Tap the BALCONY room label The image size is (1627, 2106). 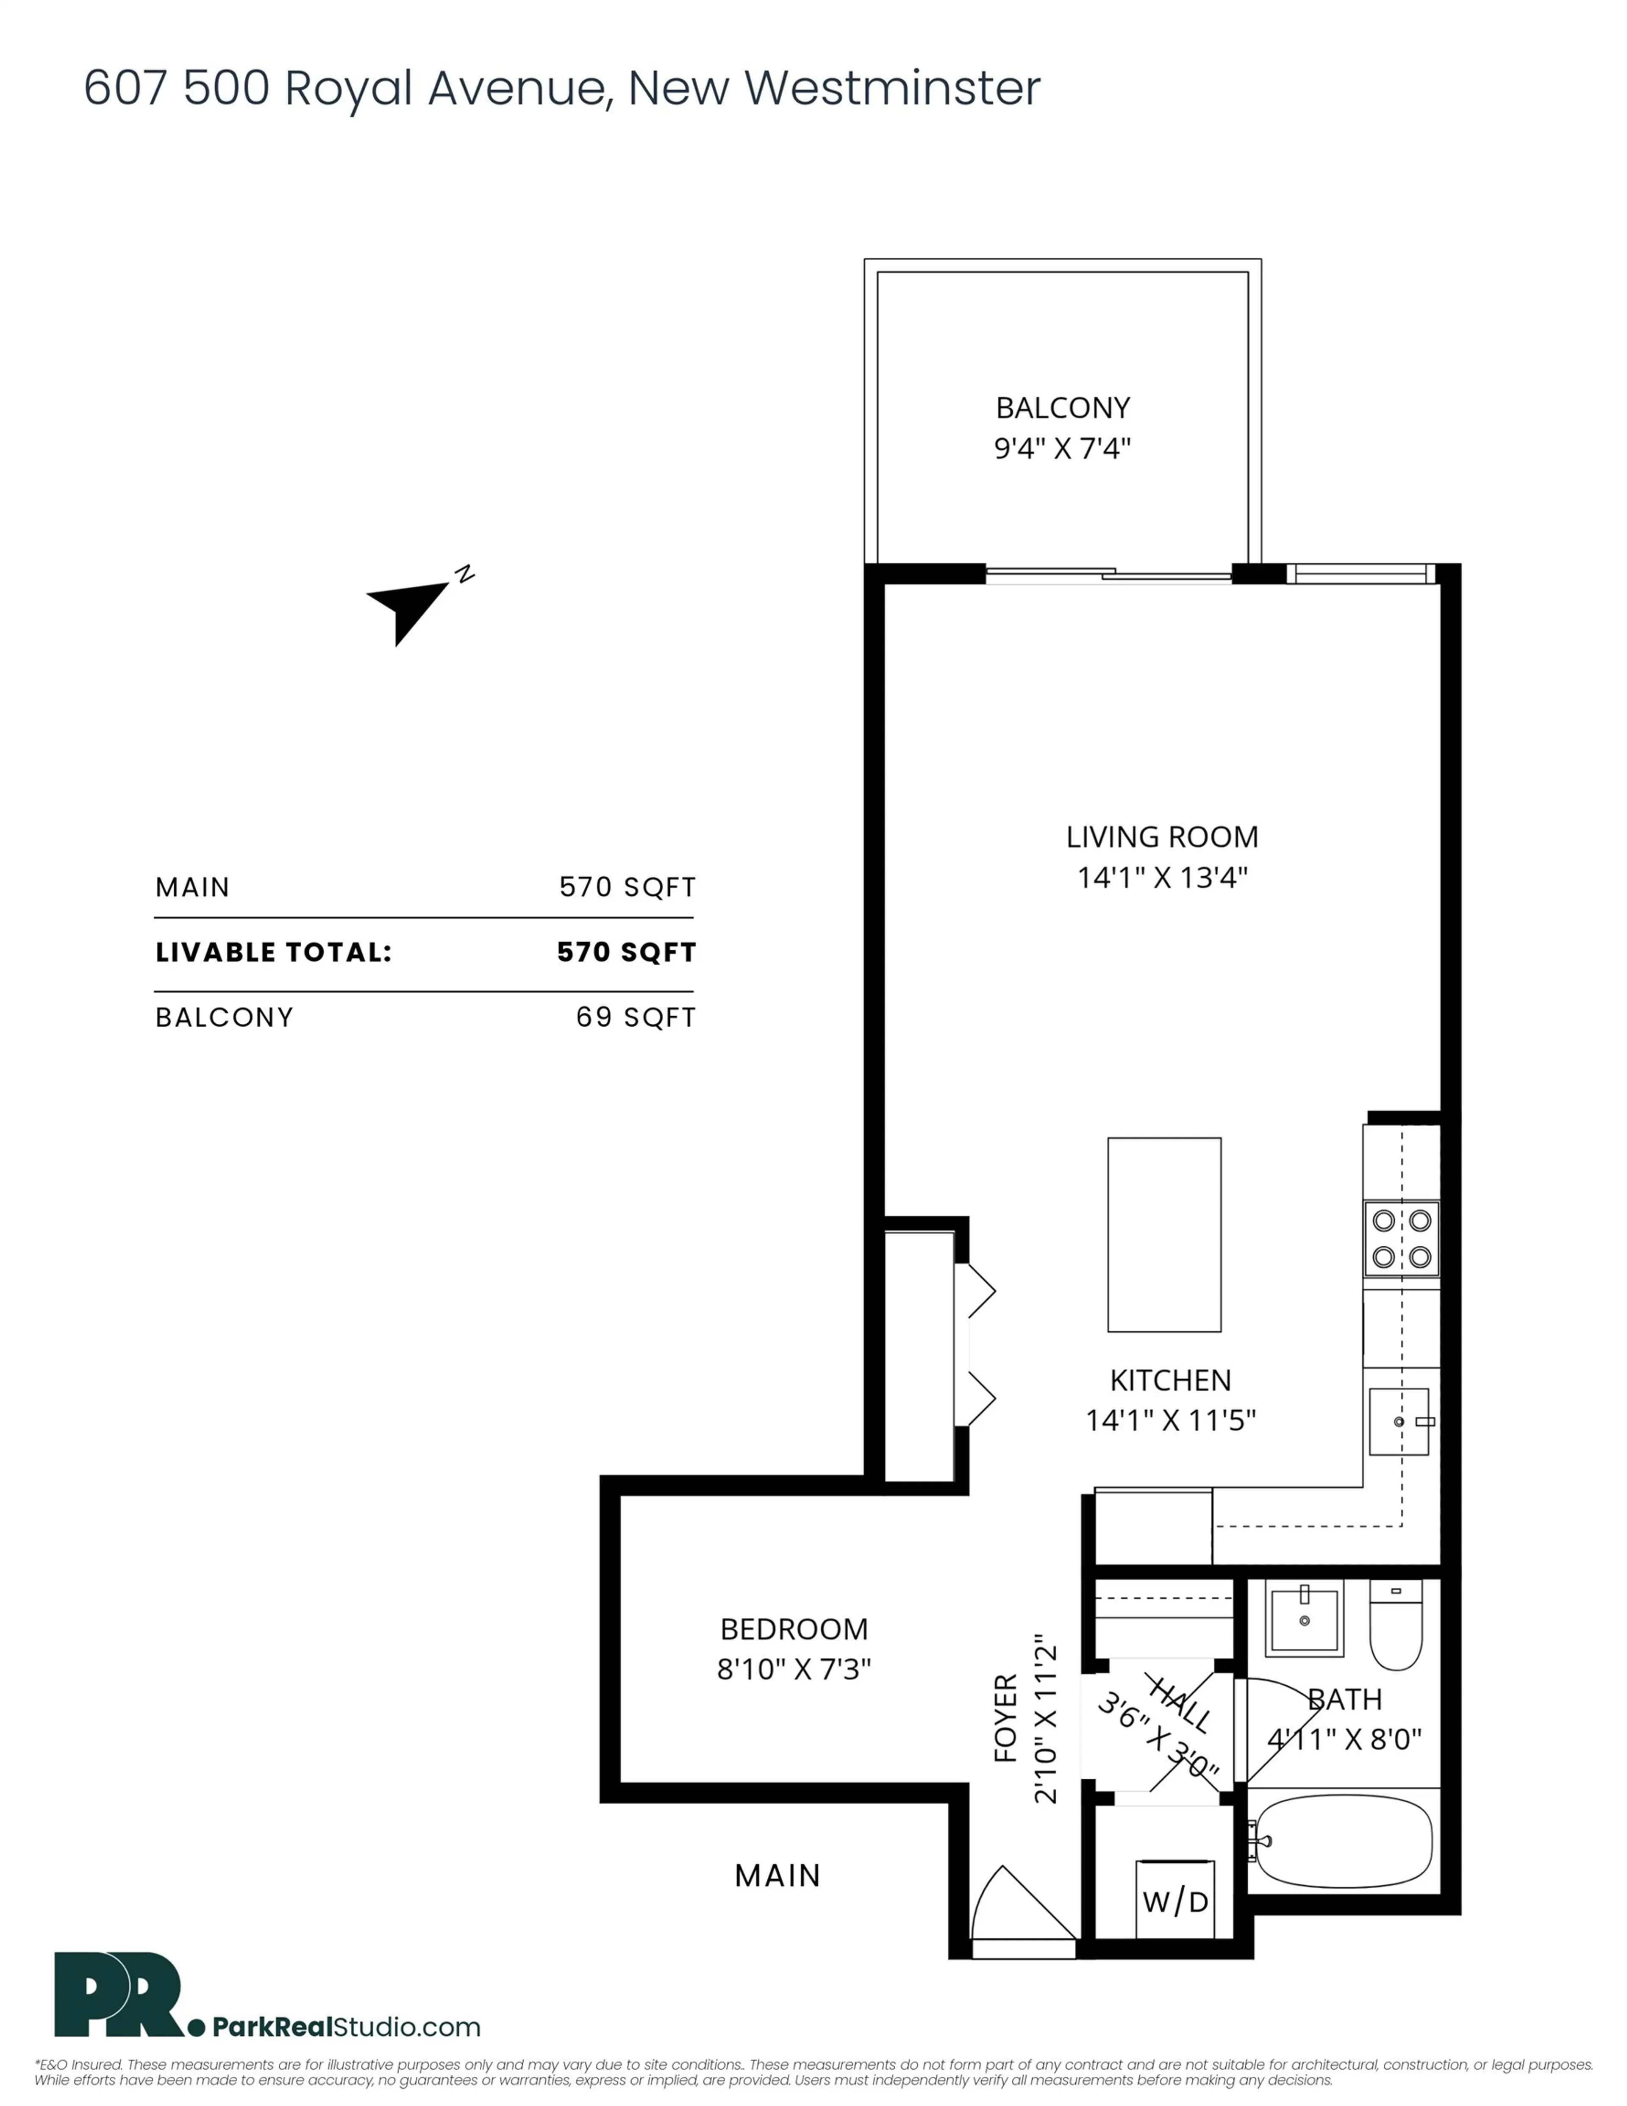[1062, 408]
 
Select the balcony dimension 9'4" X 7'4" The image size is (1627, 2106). [1062, 448]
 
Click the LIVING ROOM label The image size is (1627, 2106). [1161, 837]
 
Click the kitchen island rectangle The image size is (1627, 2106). [1164, 1234]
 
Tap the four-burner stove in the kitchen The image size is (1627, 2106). [1400, 1239]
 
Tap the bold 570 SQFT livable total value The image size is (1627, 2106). [626, 953]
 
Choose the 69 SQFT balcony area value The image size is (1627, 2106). [636, 1017]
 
